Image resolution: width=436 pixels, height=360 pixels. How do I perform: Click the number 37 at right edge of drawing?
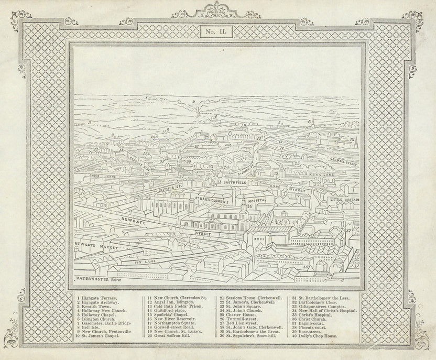click(x=348, y=230)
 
